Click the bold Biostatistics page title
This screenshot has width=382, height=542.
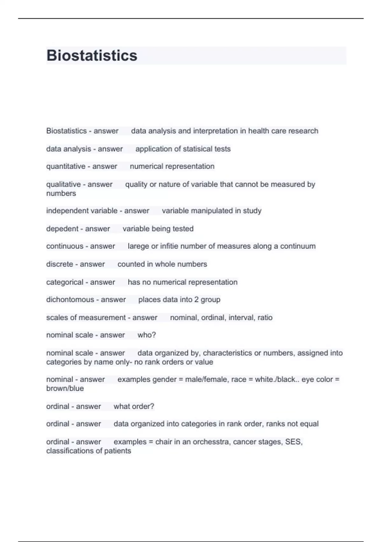coord(92,55)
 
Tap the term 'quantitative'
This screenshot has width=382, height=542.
coord(66,166)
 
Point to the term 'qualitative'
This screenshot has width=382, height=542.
coord(63,184)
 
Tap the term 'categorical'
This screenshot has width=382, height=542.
coord(65,282)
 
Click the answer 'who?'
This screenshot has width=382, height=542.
coord(146,335)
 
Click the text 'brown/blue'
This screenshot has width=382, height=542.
coord(65,388)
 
